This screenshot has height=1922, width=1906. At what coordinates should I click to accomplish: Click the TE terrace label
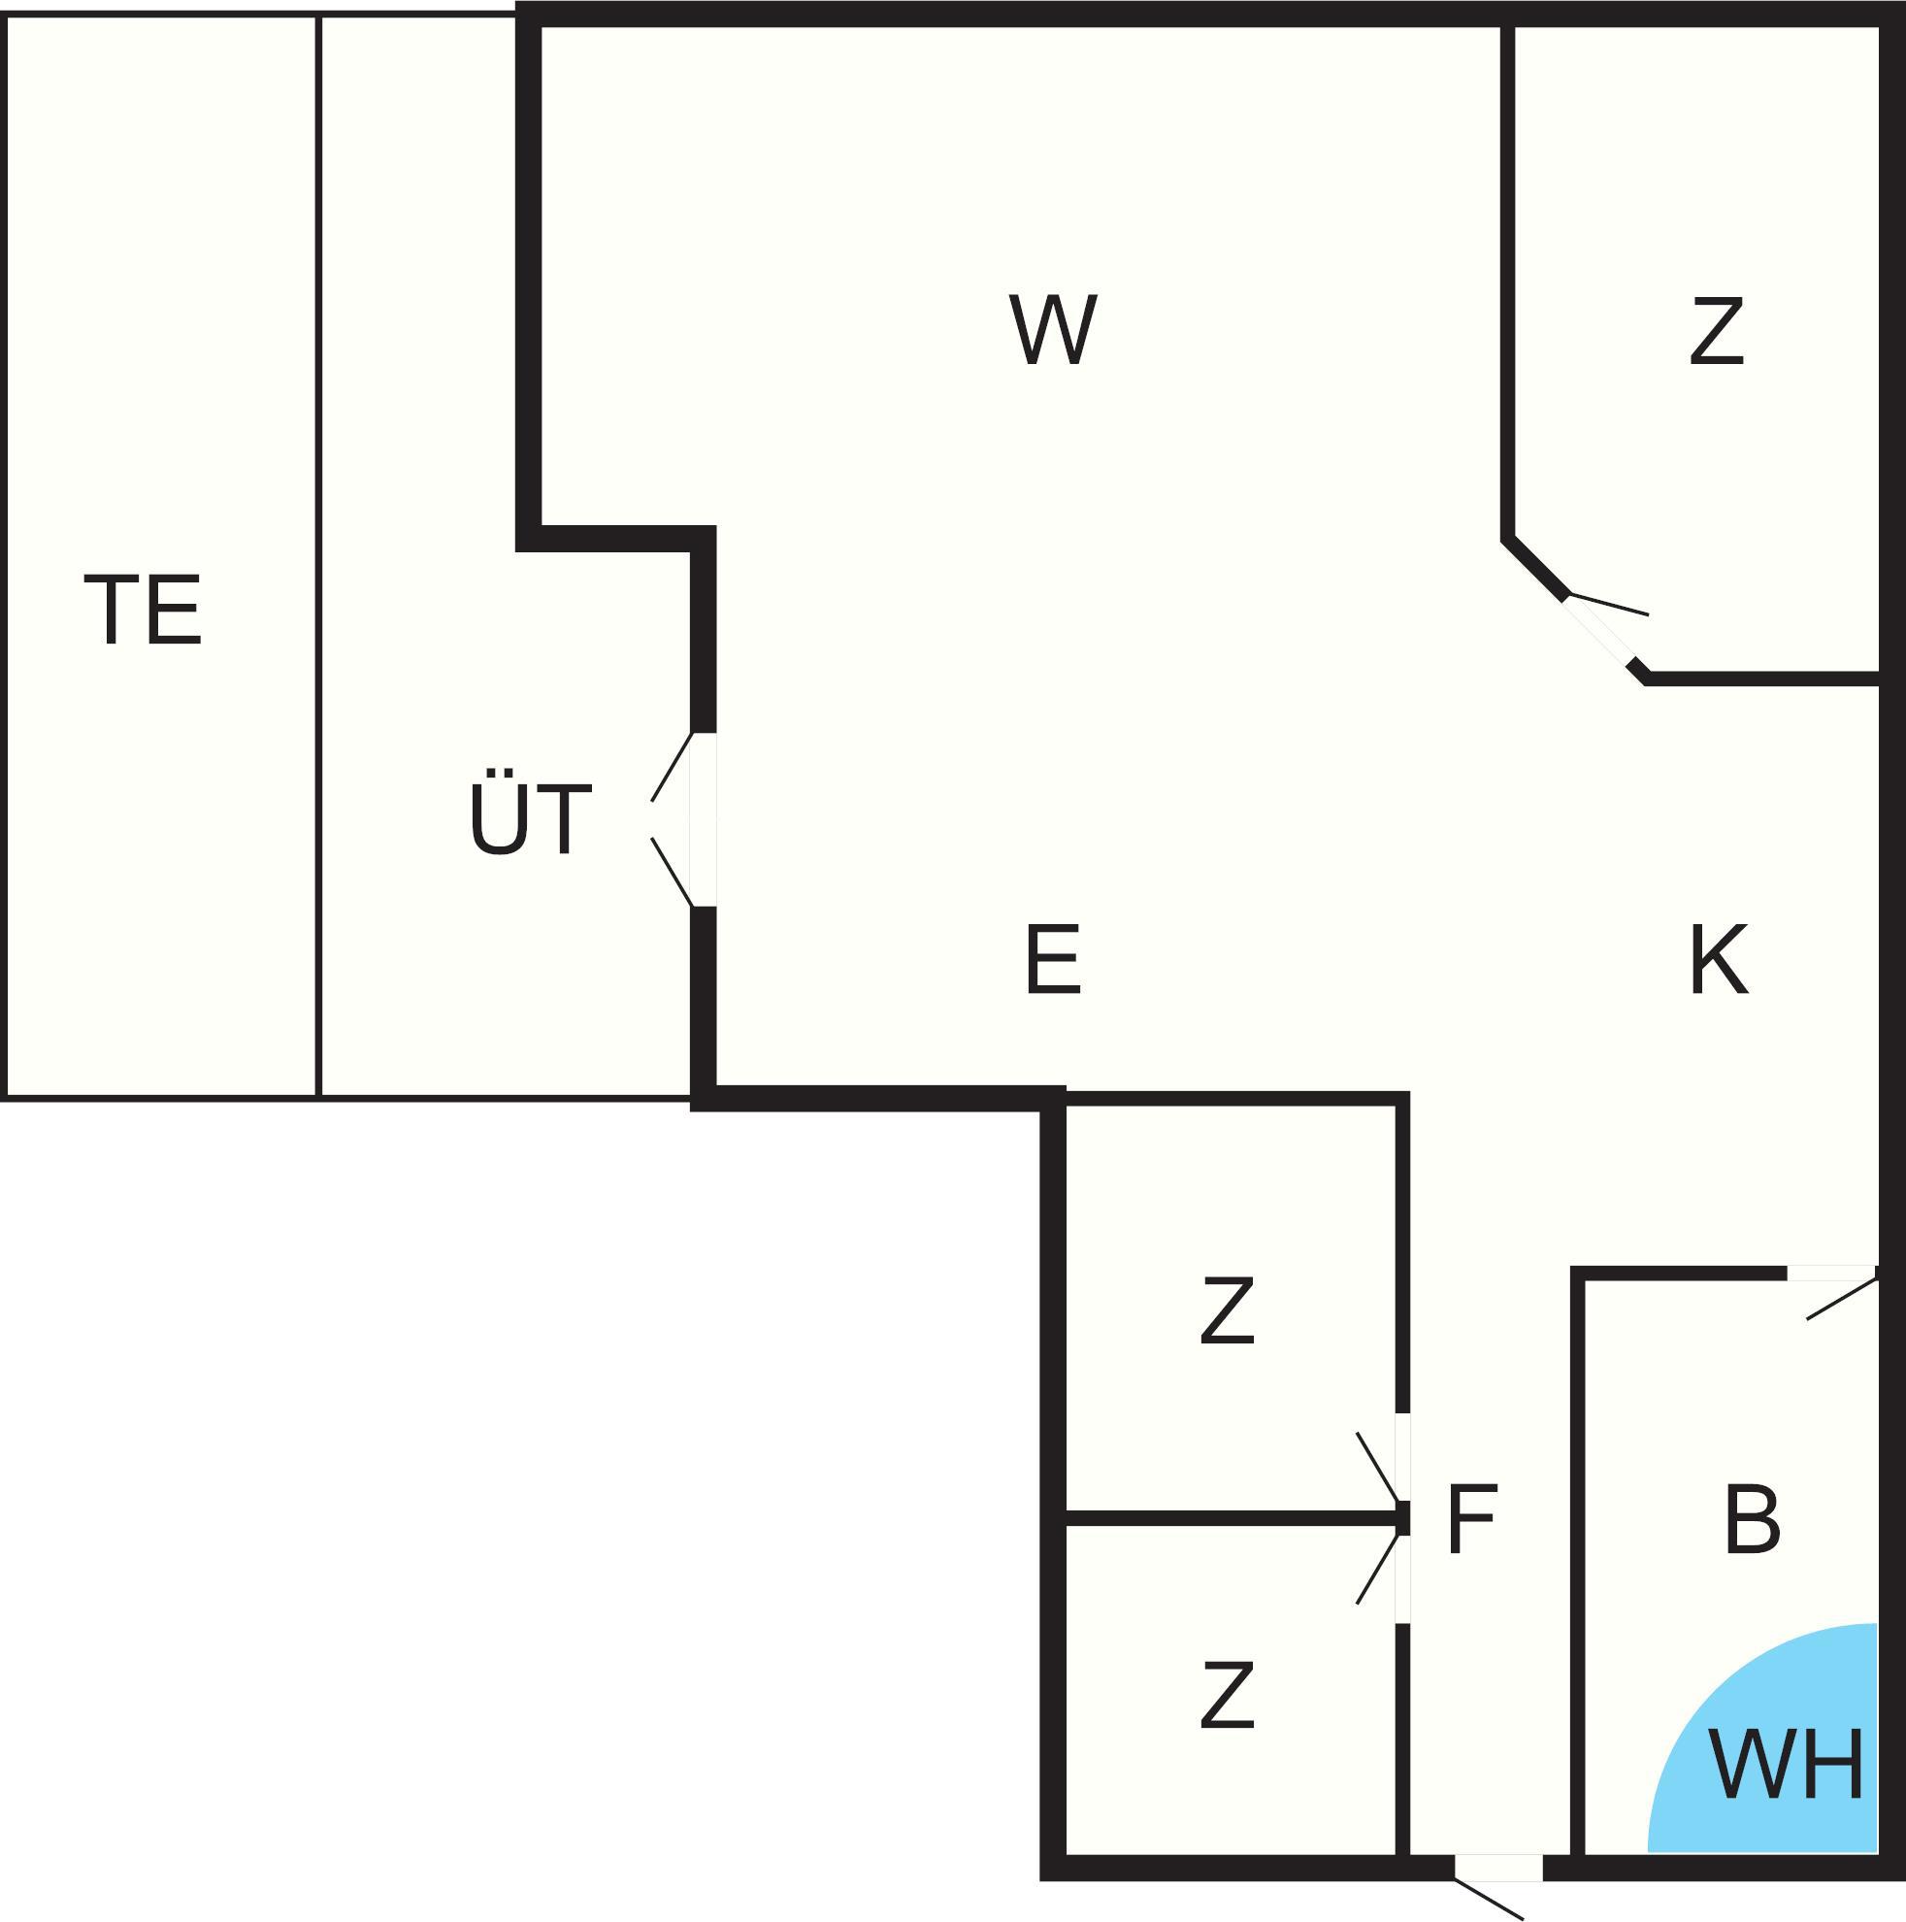pyautogui.click(x=144, y=609)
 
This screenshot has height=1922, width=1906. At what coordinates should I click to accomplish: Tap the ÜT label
pyautogui.click(x=530, y=815)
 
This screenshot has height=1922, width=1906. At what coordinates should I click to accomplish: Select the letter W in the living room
pyautogui.click(x=1053, y=328)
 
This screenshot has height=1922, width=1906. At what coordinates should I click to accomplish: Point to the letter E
pyautogui.click(x=1053, y=958)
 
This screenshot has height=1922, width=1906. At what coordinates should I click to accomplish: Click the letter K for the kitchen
pyautogui.click(x=1719, y=958)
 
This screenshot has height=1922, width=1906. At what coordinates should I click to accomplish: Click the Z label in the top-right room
pyautogui.click(x=1717, y=328)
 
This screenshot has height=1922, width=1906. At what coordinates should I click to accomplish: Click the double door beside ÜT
pyautogui.click(x=684, y=819)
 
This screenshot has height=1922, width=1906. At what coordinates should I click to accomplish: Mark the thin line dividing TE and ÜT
pyautogui.click(x=318, y=557)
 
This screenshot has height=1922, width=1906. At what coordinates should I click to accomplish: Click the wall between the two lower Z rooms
pyautogui.click(x=1232, y=1517)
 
